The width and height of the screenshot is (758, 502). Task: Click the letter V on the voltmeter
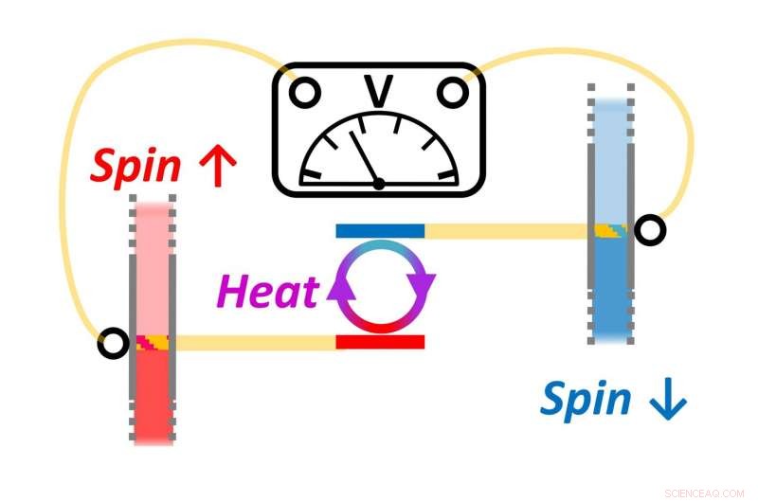[379, 92]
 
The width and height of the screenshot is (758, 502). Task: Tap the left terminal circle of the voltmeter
[304, 93]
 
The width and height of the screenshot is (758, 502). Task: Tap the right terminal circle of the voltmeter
[452, 93]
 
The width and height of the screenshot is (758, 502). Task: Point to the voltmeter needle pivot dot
[379, 183]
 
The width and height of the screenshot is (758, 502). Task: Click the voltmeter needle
[365, 156]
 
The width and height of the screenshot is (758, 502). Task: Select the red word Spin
[135, 167]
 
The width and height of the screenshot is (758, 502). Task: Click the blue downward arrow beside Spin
[666, 402]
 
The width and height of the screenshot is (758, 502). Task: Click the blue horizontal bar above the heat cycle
[380, 230]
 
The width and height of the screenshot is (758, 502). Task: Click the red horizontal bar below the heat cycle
[380, 342]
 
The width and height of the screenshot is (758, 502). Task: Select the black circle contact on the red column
[113, 343]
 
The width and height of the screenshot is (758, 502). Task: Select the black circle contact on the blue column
[650, 230]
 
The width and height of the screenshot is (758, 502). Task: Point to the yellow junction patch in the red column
[153, 343]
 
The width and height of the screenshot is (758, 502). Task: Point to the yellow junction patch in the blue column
[611, 230]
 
